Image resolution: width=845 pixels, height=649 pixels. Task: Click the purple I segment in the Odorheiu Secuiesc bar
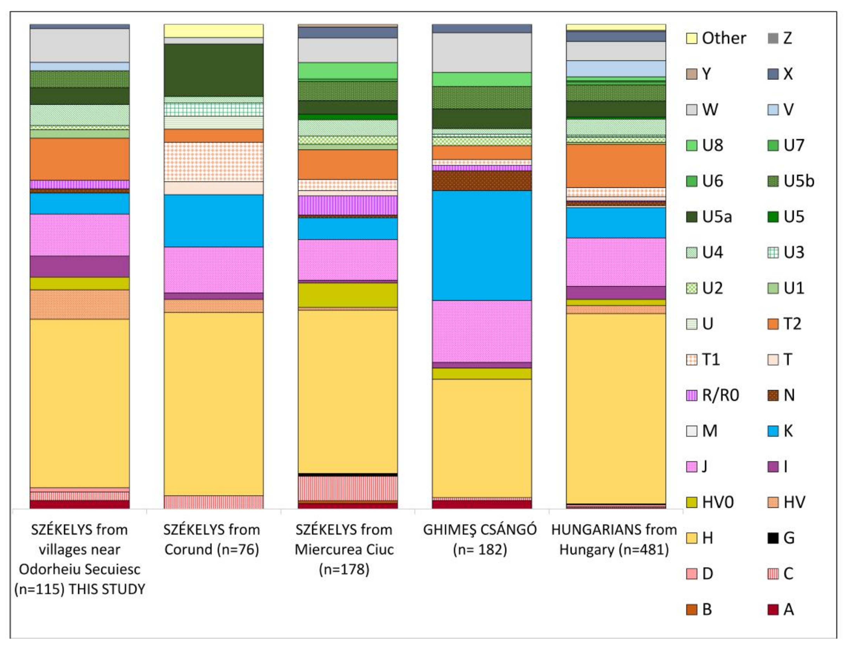click(x=80, y=266)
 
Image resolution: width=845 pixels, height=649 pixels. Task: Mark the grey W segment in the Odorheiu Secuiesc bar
click(x=80, y=45)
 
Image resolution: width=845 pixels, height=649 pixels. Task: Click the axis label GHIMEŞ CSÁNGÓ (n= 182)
click(x=480, y=539)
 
